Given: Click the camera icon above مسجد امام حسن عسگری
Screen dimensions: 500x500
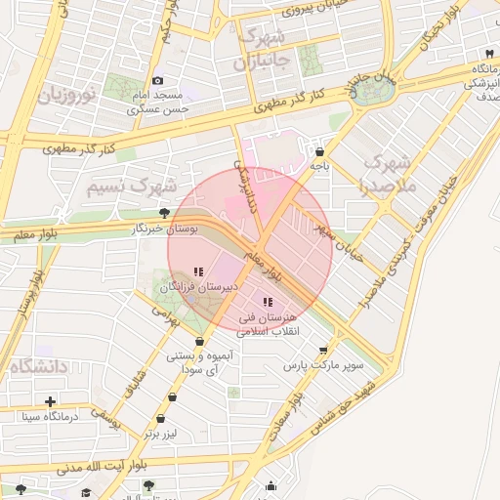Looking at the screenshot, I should pyautogui.click(x=158, y=81).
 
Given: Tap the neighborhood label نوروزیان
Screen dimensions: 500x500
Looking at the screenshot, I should pyautogui.click(x=65, y=96).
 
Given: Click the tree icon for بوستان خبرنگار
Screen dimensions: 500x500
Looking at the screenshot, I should pyautogui.click(x=164, y=213).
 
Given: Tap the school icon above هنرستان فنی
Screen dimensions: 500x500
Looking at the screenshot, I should pyautogui.click(x=268, y=303).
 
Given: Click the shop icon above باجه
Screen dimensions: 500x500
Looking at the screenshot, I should pyautogui.click(x=320, y=151).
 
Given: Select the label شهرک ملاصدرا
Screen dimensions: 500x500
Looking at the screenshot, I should pyautogui.click(x=388, y=172).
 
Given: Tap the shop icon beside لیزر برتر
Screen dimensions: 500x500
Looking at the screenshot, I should pyautogui.click(x=174, y=397).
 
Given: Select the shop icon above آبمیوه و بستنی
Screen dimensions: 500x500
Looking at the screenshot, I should pyautogui.click(x=200, y=341).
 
